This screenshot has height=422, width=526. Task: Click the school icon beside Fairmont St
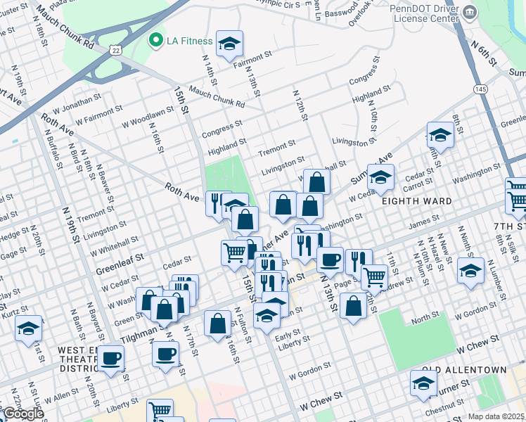click(x=229, y=44)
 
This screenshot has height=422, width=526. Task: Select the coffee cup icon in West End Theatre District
click(x=110, y=359)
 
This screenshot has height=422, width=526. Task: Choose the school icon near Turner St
click(x=423, y=383)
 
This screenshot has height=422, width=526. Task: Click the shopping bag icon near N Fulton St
click(x=218, y=324)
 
